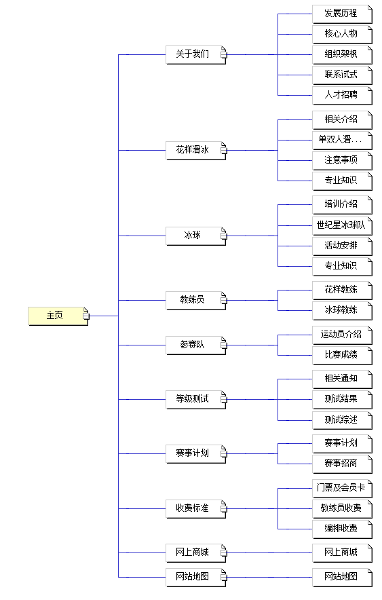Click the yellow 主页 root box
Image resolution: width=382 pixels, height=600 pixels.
click(58, 316)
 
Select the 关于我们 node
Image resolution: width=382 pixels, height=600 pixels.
click(196, 55)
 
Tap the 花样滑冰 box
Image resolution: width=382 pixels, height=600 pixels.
click(196, 151)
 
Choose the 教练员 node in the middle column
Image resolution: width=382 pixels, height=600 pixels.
click(196, 301)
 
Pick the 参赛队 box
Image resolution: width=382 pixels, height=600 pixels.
click(196, 345)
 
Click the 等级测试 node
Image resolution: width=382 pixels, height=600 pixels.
click(196, 400)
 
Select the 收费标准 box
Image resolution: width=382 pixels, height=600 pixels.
click(196, 509)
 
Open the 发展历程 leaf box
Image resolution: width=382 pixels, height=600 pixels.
click(342, 14)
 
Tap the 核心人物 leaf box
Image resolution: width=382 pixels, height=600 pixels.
click(342, 35)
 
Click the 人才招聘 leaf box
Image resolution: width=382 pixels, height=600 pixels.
click(342, 95)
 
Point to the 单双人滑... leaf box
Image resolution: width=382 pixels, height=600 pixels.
click(342, 140)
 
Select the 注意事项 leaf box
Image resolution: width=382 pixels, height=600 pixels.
click(342, 160)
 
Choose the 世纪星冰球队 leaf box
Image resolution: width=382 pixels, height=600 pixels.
click(342, 226)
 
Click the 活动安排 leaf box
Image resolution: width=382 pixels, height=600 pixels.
click(342, 246)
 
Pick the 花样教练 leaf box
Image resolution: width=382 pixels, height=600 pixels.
click(342, 290)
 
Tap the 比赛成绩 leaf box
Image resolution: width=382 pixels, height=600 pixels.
click(342, 356)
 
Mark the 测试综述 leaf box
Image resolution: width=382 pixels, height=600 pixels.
click(342, 421)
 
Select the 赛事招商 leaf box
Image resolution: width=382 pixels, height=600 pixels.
click(342, 464)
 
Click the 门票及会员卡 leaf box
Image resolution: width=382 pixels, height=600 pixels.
click(342, 489)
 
